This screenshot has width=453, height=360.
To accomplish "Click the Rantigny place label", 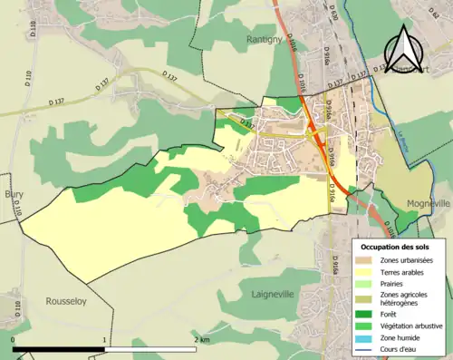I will coord(265,39).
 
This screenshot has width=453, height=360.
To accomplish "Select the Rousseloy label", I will coord(66,300).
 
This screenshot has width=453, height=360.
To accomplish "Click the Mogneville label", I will coord(429,204).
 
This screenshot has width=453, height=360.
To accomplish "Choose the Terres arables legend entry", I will coord(405,271).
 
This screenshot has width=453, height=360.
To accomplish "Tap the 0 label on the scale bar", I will coord(14,339).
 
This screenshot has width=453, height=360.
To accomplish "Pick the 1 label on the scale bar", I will coord(105,339).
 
